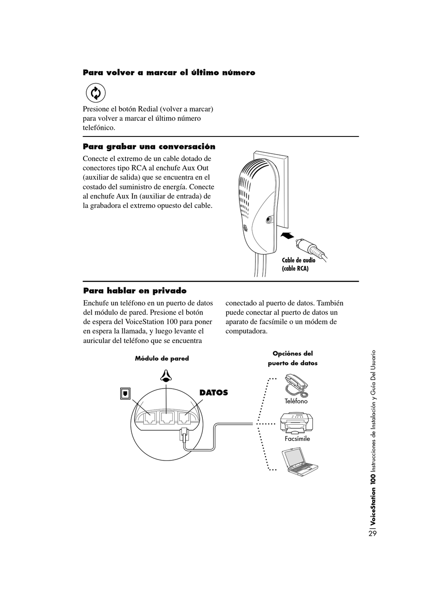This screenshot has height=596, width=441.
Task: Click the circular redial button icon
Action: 96,93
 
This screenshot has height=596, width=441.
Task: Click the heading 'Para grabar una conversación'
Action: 149,147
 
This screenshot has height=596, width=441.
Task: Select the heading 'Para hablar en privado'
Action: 135,291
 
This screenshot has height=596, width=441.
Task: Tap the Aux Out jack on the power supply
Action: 269,220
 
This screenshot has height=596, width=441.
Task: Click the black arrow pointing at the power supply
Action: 288,236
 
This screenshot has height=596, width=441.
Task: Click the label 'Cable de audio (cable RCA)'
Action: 298,264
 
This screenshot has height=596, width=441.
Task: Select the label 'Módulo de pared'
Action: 162,358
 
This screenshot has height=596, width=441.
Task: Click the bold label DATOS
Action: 214,393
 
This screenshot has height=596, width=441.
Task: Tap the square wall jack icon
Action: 125,393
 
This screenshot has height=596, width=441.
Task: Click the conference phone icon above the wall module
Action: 165,376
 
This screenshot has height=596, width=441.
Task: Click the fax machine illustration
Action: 297,422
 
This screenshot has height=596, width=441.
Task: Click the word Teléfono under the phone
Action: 296,401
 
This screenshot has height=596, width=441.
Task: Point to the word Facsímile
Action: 297,439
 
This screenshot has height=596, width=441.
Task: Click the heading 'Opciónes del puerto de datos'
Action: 292,358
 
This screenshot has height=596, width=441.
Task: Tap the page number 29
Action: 372,533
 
